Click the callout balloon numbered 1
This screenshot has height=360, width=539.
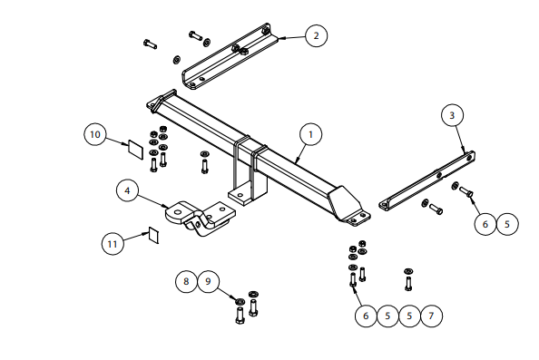tap(310, 134)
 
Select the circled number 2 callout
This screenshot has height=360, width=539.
tap(317, 35)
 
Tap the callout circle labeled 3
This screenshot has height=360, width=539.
tap(453, 115)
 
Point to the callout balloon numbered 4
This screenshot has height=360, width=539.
tap(128, 190)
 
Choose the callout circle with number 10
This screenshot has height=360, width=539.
tap(95, 134)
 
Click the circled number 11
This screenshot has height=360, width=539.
tap(113, 244)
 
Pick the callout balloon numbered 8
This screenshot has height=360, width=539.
tap(186, 282)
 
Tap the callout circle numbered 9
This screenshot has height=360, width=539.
tap(208, 282)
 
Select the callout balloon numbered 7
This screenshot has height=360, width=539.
tap(431, 316)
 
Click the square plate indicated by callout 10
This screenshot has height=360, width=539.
tap(136, 150)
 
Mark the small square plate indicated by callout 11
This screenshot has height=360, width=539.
tap(153, 235)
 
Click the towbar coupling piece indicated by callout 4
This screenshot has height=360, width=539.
tap(201, 218)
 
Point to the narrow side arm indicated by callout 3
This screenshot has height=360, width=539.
tap(427, 180)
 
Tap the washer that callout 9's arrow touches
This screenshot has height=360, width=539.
tap(240, 302)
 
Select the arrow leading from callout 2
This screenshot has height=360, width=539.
tap(291, 37)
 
